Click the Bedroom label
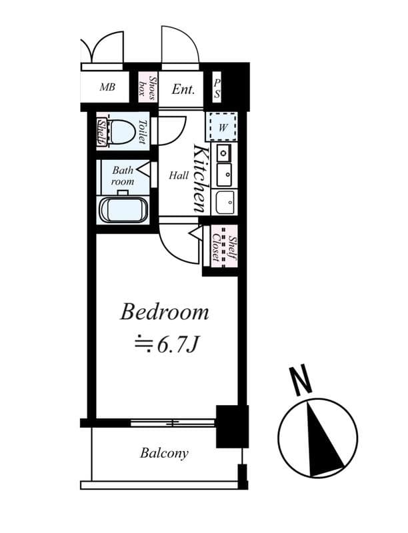click(x=164, y=312)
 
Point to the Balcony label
click(x=164, y=454)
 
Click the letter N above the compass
click(x=301, y=380)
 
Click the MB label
click(x=107, y=87)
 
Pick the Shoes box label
click(x=147, y=88)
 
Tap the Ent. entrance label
click(x=183, y=89)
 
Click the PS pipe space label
click(x=217, y=88)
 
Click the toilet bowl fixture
click(x=123, y=132)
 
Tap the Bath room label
click(x=123, y=175)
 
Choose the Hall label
click(x=178, y=176)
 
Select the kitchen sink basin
click(x=225, y=200)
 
